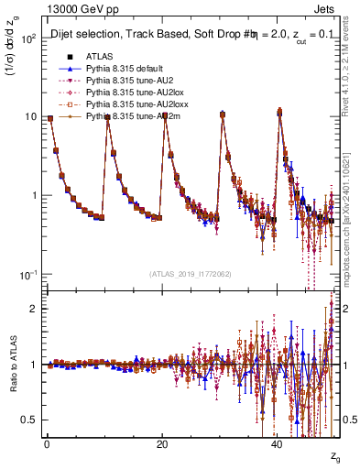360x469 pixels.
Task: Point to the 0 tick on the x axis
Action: (x=46, y=442)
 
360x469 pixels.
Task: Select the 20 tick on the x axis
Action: (x=161, y=442)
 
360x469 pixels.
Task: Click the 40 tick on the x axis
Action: (x=278, y=442)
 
